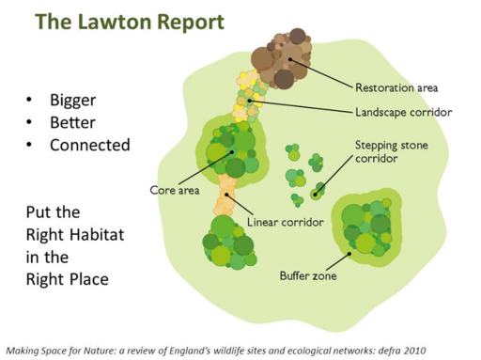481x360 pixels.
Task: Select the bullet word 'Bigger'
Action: click(x=73, y=100)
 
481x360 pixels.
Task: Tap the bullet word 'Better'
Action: click(x=72, y=122)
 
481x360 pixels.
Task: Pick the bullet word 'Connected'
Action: click(x=89, y=145)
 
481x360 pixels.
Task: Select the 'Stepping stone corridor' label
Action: click(x=389, y=153)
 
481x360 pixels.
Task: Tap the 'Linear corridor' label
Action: click(x=285, y=223)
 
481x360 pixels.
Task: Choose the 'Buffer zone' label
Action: click(x=307, y=276)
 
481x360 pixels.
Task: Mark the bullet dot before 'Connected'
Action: click(x=31, y=145)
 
